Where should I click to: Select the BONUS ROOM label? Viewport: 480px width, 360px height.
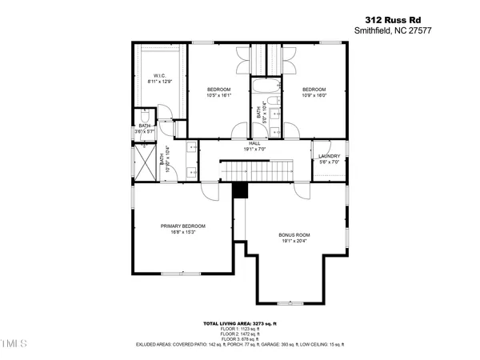click(294, 234)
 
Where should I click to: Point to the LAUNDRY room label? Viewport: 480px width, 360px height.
click(329, 156)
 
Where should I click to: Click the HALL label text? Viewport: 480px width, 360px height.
click(254, 142)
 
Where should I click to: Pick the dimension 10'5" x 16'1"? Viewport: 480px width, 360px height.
click(219, 95)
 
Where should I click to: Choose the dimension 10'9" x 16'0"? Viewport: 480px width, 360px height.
click(314, 95)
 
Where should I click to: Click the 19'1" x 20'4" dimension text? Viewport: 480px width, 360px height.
click(294, 241)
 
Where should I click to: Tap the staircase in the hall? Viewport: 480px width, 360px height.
click(246, 170)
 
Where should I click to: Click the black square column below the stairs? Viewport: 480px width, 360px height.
click(238, 190)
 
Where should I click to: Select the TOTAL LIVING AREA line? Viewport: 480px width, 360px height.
click(240, 323)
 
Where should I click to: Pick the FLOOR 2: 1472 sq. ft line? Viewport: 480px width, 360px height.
click(240, 334)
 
